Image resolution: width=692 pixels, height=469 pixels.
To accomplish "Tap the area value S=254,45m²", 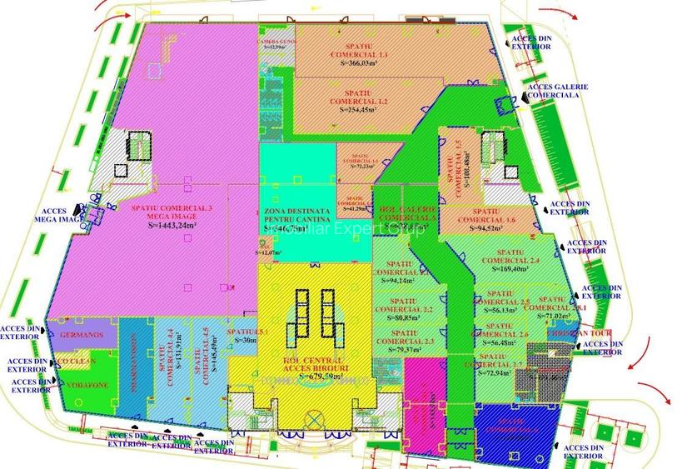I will pyautogui.click(x=358, y=111).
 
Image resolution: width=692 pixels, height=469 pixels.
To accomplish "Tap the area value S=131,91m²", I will pyautogui.click(x=168, y=357).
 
